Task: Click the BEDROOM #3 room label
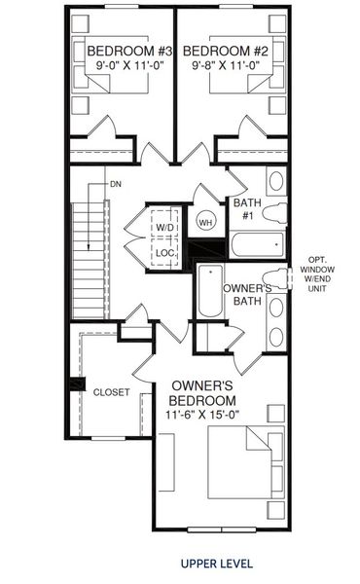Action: tap(116, 52)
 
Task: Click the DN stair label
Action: tap(115, 183)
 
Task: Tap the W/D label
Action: tap(164, 229)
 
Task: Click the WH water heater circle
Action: tap(205, 222)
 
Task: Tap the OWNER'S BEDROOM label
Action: tap(201, 392)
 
